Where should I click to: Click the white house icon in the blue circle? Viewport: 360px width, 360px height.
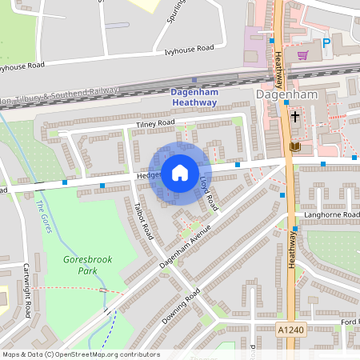(x=180, y=173)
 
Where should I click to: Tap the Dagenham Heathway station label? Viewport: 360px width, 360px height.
(x=194, y=97)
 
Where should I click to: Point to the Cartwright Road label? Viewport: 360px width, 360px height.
(x=26, y=290)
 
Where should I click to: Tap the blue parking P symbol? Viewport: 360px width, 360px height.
(x=326, y=44)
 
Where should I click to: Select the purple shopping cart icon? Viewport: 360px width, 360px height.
(x=302, y=55)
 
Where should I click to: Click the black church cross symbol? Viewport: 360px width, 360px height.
(x=294, y=117)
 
